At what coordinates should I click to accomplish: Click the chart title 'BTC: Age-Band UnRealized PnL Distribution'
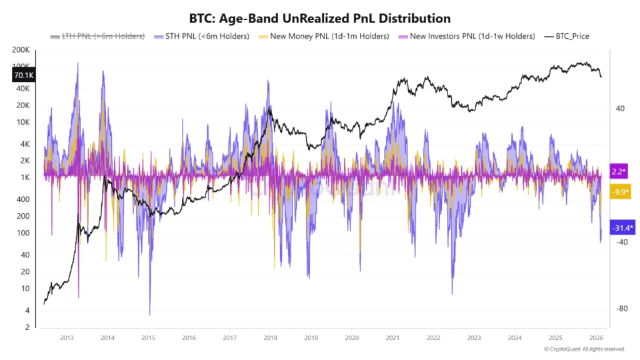319,18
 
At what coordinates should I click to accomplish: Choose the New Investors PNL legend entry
463,36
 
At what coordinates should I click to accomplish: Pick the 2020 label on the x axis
352,337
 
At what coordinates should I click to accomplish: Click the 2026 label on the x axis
596,337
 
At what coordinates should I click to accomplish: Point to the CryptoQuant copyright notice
583,349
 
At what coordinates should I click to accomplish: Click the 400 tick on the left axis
24,199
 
